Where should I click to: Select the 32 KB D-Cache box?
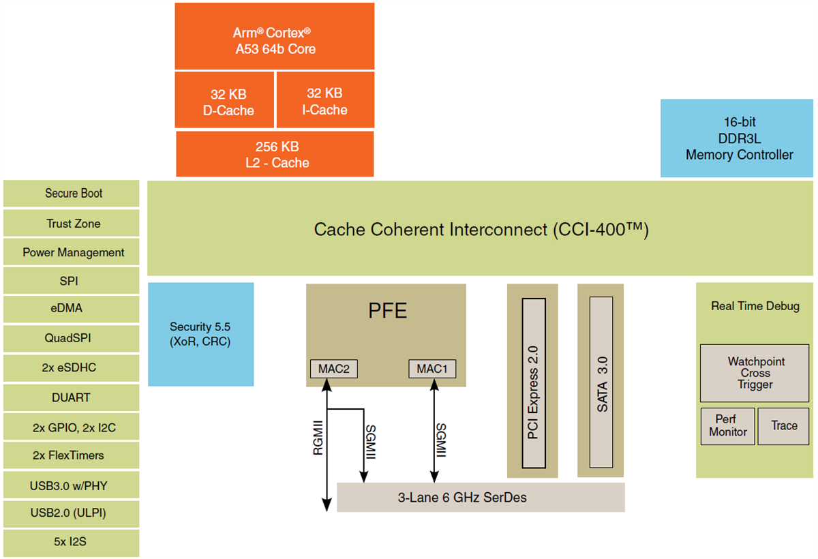(x=225, y=101)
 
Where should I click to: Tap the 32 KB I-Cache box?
(x=325, y=101)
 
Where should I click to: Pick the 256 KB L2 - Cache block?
(x=275, y=154)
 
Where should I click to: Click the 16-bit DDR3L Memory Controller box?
(x=737, y=138)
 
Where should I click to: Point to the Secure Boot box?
(x=72, y=194)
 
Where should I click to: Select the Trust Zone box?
(x=72, y=223)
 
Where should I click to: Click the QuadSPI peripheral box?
(x=72, y=339)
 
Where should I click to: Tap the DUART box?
(x=72, y=397)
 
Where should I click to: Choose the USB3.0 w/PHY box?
(x=72, y=485)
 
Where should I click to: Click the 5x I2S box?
(x=72, y=543)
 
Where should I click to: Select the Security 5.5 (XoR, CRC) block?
(x=201, y=335)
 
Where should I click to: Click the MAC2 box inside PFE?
(x=334, y=369)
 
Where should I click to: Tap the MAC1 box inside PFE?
(x=432, y=369)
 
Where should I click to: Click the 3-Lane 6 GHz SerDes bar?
(x=481, y=498)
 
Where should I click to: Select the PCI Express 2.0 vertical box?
(x=533, y=382)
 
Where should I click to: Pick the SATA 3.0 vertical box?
(x=602, y=382)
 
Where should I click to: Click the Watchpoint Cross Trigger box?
(x=755, y=373)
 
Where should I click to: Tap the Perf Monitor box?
(x=727, y=426)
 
